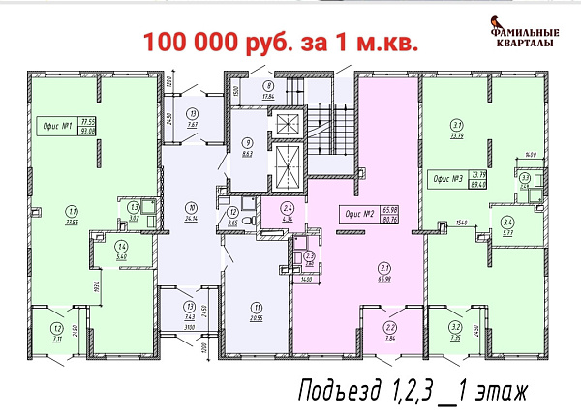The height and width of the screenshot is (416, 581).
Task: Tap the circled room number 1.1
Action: click(x=71, y=209)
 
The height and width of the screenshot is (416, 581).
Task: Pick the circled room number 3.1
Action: click(x=456, y=124)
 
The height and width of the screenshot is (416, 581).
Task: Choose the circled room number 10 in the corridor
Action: click(x=193, y=208)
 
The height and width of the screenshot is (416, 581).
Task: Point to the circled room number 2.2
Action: click(x=389, y=328)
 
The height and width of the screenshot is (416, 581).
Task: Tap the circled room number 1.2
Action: click(x=46, y=328)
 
